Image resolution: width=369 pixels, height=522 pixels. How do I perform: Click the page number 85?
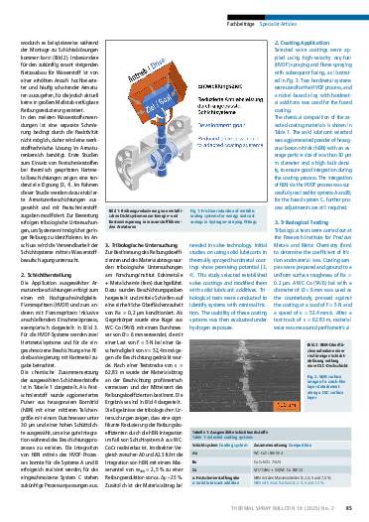349,510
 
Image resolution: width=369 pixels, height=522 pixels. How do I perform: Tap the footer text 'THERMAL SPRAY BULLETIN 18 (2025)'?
288,510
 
